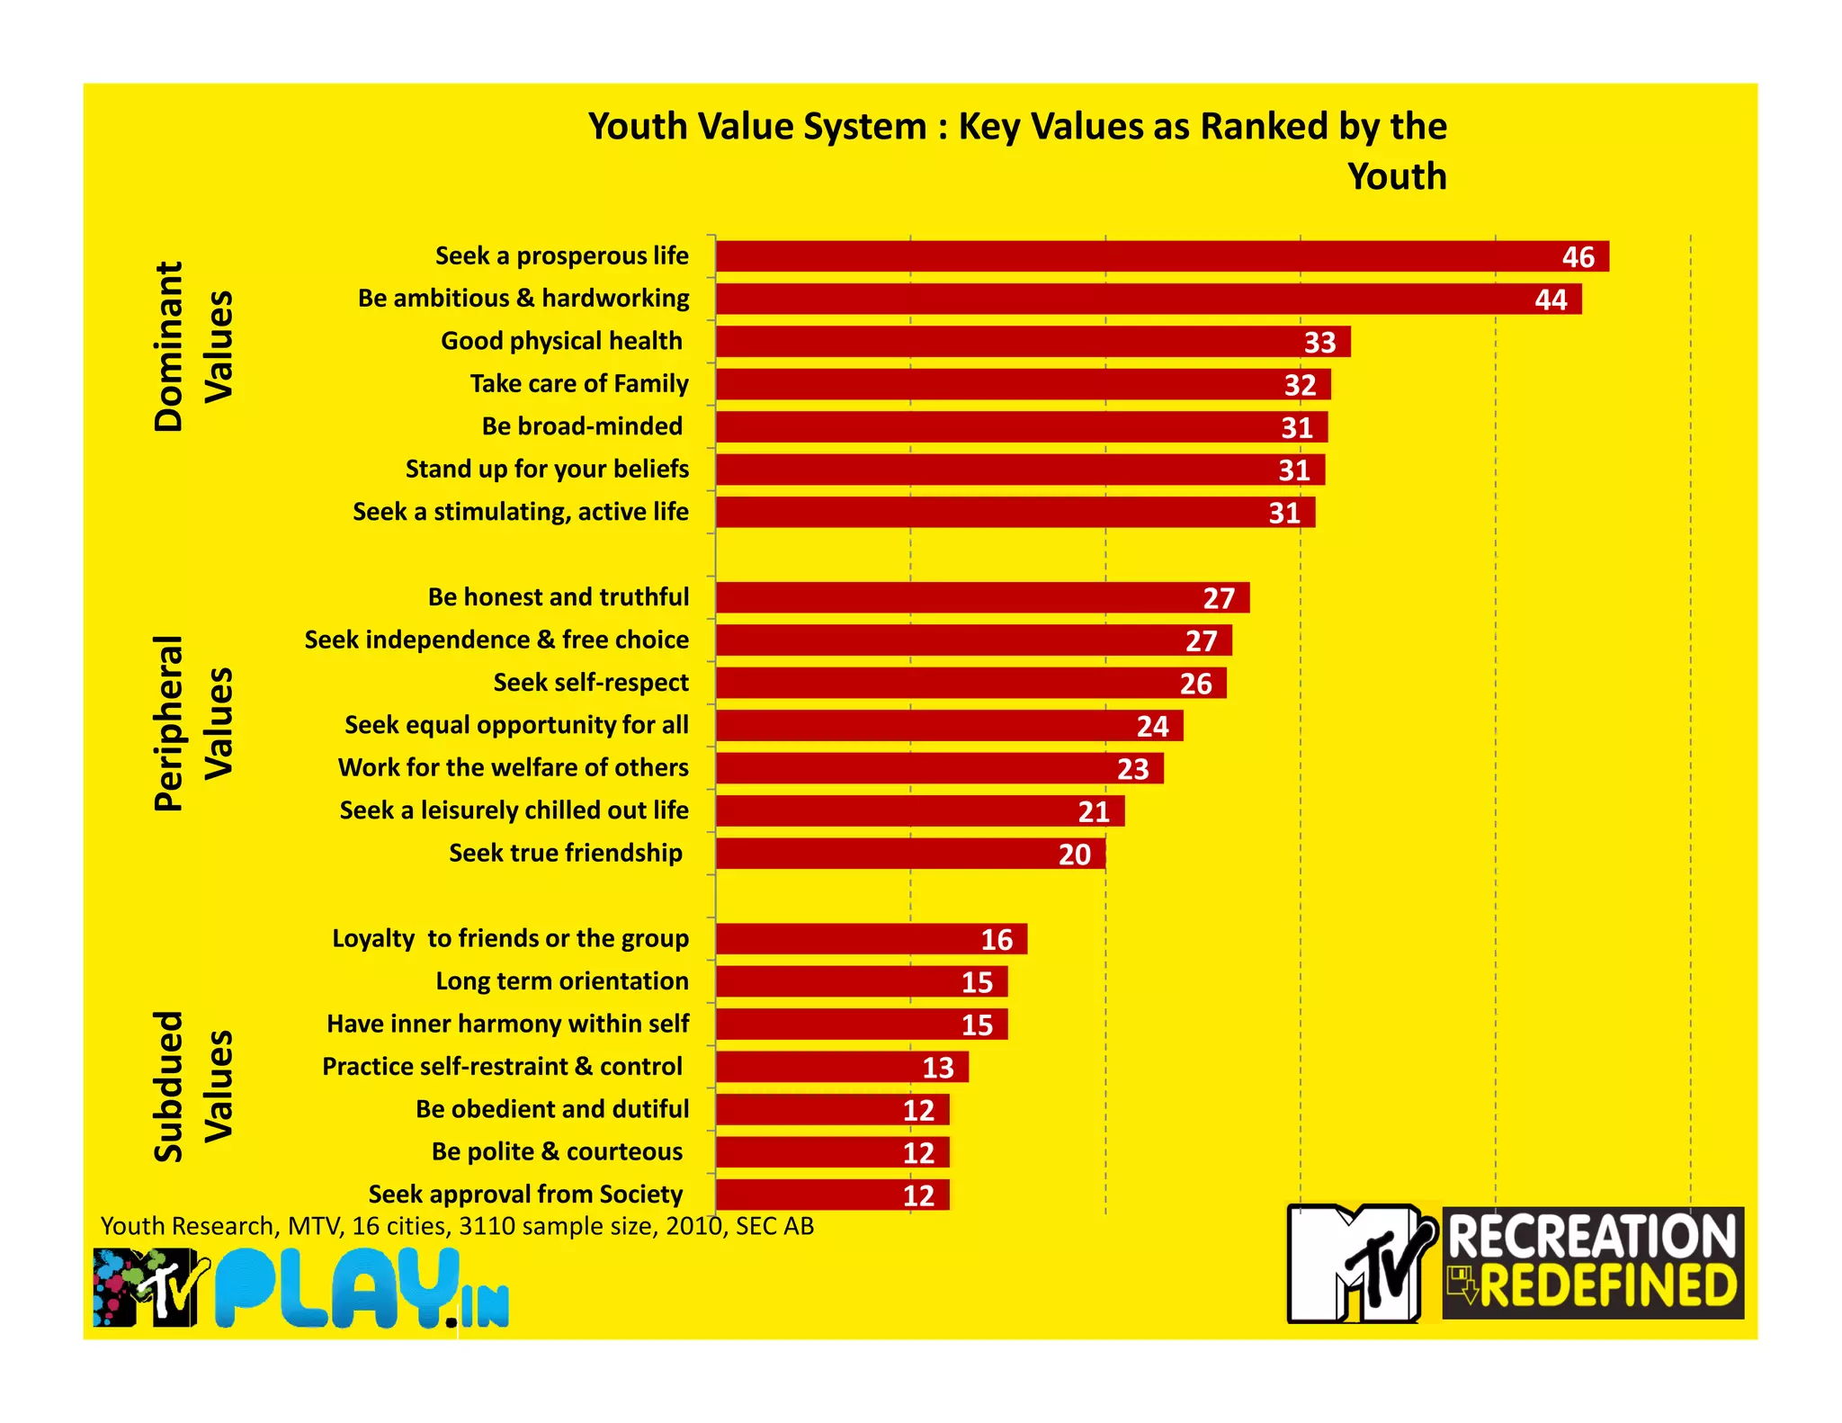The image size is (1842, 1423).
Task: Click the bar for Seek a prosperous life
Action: click(x=1160, y=256)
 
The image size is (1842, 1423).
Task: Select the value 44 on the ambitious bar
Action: click(x=1551, y=300)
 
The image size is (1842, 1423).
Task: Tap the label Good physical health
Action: click(x=561, y=341)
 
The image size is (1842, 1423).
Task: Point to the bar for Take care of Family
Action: click(x=1022, y=384)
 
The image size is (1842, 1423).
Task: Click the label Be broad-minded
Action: click(x=581, y=426)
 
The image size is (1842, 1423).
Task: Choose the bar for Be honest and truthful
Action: click(x=981, y=597)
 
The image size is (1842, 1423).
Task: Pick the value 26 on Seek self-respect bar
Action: click(x=1195, y=684)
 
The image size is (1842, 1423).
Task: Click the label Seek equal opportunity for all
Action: click(x=516, y=725)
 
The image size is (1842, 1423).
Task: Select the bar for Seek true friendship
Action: click(x=909, y=854)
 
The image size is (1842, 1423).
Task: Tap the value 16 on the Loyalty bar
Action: click(x=997, y=940)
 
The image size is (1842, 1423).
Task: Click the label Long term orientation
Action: click(x=561, y=981)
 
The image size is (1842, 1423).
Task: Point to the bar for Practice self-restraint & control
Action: click(x=841, y=1067)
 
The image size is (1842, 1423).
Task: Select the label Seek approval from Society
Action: click(x=525, y=1195)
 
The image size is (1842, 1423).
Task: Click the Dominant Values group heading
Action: click(x=193, y=346)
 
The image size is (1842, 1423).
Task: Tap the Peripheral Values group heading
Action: click(x=193, y=723)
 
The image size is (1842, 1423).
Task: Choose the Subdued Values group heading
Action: click(x=193, y=1087)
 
